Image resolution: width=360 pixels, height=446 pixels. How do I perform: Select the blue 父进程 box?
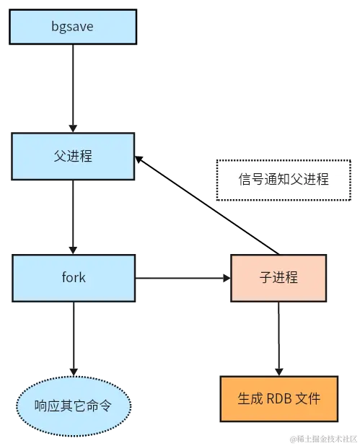[x=73, y=155]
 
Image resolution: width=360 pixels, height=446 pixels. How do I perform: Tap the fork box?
[x=73, y=277]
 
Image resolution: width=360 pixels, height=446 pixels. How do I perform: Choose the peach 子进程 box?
[x=278, y=277]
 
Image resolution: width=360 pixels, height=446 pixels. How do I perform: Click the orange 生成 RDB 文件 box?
[x=278, y=398]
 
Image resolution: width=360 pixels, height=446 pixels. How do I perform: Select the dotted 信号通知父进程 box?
[x=283, y=179]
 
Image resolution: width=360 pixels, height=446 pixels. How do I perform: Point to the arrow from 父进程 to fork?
[x=73, y=217]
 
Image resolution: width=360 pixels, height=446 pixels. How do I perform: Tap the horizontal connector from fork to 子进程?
[x=180, y=278]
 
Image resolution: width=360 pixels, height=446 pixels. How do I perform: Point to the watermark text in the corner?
[x=322, y=438]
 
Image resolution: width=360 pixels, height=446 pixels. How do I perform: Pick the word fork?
[x=73, y=277]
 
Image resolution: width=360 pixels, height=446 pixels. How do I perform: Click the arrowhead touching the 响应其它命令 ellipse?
[x=73, y=370]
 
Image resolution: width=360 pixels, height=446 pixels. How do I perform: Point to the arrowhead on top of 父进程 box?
[x=73, y=127]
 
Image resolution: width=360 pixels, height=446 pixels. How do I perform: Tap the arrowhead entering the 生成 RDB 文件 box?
[x=278, y=370]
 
